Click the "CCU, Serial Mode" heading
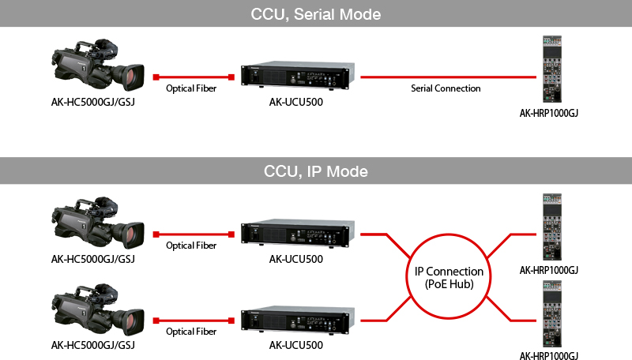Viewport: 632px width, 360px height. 315,14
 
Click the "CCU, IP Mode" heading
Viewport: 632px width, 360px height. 315,171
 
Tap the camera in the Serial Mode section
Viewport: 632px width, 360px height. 97,65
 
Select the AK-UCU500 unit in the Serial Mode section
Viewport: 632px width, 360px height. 298,75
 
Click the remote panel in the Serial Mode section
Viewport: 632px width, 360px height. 552,69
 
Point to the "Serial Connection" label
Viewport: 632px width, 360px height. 446,88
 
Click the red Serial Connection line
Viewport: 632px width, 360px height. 448,77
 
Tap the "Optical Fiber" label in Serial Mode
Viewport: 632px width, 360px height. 191,88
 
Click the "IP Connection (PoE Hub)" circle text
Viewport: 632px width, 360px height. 449,277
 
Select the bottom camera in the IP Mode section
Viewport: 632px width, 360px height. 97,309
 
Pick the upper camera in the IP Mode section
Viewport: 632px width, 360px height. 97,223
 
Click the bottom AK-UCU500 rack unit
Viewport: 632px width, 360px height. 298,320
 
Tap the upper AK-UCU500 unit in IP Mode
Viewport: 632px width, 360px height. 298,233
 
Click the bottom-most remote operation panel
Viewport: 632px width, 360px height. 552,313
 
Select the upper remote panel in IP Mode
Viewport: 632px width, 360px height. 552,227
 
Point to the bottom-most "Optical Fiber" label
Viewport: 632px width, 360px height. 191,332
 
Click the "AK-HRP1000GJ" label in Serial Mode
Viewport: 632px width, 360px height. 548,113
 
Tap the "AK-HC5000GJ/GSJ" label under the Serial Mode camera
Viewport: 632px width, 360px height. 92,103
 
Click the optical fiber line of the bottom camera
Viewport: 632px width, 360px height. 194,321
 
